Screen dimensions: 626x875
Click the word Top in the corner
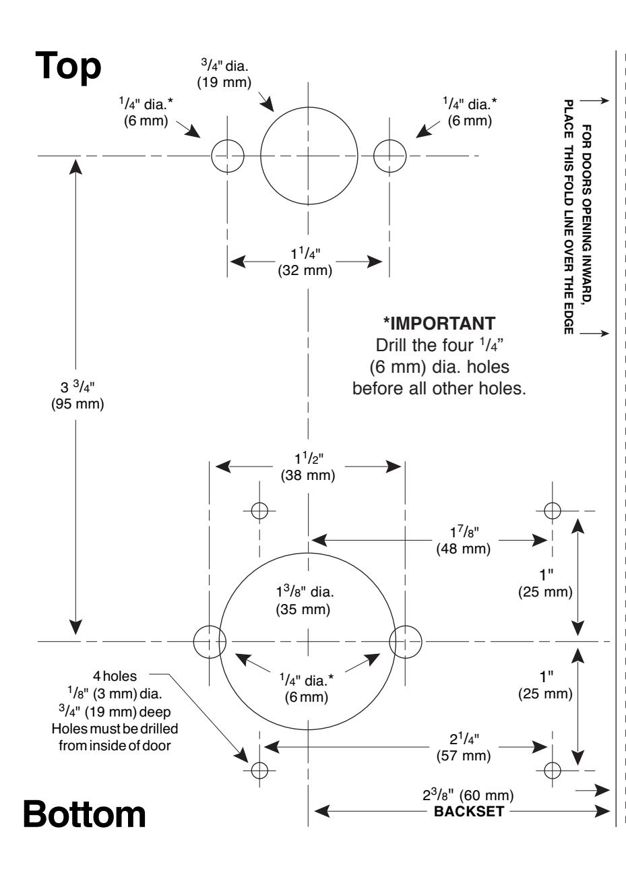pos(68,67)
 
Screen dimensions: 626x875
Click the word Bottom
pos(84,814)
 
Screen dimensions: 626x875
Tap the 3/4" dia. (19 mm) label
pos(224,74)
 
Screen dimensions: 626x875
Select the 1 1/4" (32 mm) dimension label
pos(305,262)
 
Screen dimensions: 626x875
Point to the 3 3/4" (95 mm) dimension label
pos(77,396)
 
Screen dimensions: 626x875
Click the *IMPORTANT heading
pos(439,324)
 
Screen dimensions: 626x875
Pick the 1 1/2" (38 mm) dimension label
pos(308,466)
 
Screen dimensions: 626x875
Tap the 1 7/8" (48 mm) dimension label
pos(464,540)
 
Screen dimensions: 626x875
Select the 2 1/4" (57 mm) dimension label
pos(464,747)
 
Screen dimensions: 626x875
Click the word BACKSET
pos(469,812)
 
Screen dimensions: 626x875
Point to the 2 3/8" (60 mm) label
pos(468,795)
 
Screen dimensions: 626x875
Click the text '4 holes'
pos(115,676)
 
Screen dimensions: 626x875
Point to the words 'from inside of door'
pos(115,746)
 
